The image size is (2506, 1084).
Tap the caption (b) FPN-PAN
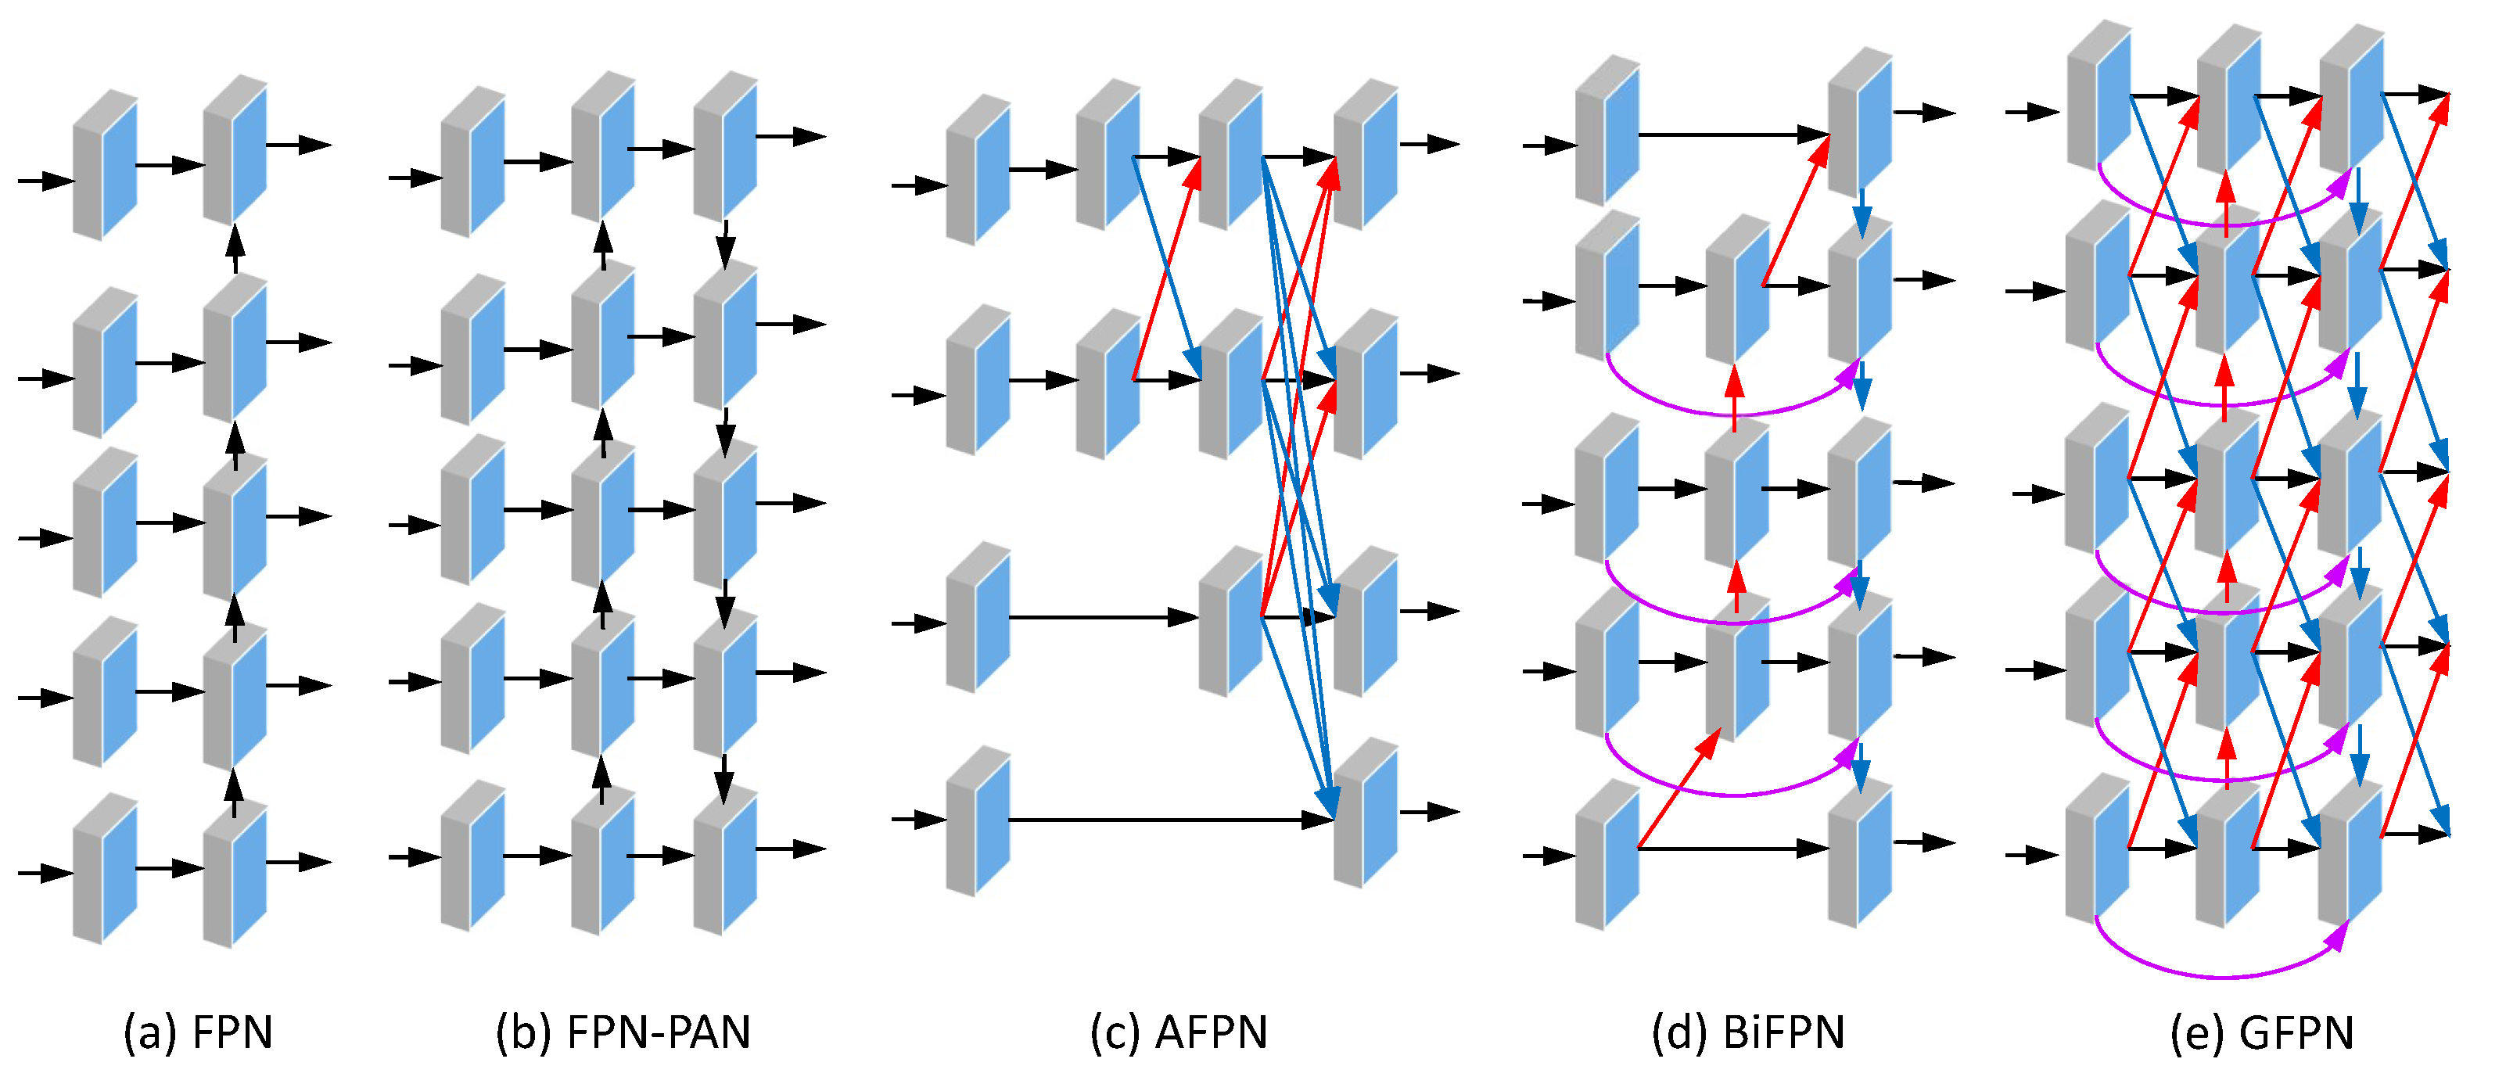click(623, 1032)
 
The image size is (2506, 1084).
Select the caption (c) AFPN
click(1179, 1032)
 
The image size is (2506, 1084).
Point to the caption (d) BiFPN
click(1748, 1032)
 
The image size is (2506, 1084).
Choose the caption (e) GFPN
click(2262, 1032)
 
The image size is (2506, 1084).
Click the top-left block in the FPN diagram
click(105, 166)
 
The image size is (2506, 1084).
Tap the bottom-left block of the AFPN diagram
click(978, 822)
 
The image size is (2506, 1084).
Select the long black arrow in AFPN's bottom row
click(1168, 820)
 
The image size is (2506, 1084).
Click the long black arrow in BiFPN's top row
click(1732, 135)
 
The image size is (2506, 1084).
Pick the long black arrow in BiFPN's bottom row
click(1732, 849)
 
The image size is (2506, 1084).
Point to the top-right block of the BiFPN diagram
click(1859, 122)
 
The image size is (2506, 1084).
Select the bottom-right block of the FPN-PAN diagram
click(725, 861)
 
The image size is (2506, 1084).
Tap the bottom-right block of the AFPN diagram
click(1365, 813)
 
